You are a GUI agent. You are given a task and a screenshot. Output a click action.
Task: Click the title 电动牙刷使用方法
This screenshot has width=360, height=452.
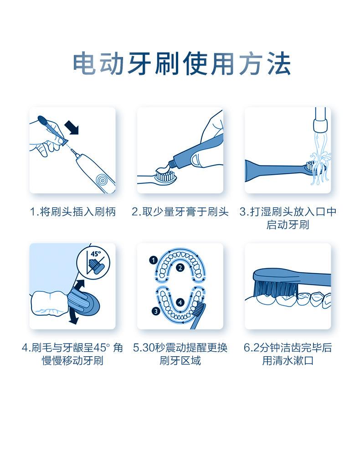[182, 64]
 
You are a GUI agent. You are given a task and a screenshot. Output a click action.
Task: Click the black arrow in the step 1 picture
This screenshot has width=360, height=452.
[72, 127]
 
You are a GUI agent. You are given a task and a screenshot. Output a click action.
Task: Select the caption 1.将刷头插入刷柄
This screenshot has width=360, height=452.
[73, 212]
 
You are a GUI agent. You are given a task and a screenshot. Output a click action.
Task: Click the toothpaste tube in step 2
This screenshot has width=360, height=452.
[196, 153]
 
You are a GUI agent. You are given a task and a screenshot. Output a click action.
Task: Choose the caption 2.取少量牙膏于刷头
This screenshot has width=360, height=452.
[180, 212]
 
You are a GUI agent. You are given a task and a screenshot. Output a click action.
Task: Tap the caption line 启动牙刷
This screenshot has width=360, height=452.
[288, 225]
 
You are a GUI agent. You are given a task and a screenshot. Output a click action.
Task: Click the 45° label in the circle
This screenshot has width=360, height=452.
[96, 254]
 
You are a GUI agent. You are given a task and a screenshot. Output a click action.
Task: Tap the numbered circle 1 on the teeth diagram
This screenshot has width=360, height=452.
[153, 260]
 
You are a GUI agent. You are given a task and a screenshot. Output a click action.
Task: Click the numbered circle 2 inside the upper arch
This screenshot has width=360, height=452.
[180, 268]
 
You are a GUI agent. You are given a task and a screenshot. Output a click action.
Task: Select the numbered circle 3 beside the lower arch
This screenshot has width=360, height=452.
[156, 311]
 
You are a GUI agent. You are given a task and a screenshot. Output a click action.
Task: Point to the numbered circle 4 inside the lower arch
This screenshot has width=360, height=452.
[180, 302]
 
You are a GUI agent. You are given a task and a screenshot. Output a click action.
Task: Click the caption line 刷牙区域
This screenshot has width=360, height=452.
[180, 361]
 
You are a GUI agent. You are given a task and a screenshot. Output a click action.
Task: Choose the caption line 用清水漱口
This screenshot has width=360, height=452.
[288, 361]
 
